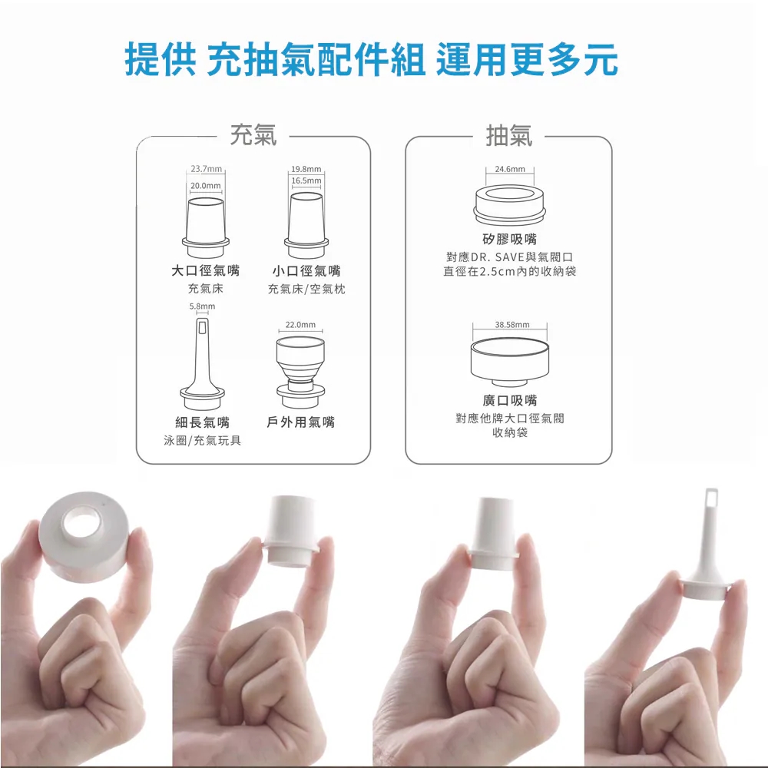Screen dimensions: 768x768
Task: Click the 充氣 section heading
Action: (x=253, y=134)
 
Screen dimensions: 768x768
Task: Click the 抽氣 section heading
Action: (x=509, y=135)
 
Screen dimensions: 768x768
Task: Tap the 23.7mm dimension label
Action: (x=206, y=169)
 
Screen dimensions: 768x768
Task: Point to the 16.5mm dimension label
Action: (x=306, y=180)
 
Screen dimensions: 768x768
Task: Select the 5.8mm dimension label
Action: (x=202, y=306)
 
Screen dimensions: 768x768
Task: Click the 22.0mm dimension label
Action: (x=301, y=325)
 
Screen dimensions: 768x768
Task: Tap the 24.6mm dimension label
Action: (x=510, y=169)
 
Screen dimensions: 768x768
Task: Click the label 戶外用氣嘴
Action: (x=301, y=422)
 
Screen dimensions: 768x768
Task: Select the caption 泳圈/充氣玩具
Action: (x=202, y=440)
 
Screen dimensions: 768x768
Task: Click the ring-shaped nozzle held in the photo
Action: (x=86, y=535)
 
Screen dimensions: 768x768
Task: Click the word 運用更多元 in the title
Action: (x=527, y=60)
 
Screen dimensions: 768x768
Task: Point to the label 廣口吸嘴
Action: (x=510, y=401)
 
